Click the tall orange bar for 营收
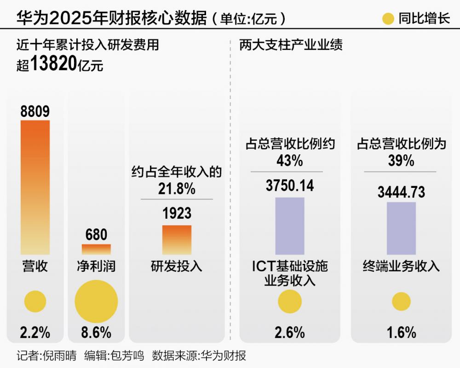coord(35,187)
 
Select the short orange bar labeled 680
coord(96,249)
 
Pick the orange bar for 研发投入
coord(177,239)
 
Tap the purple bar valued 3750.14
coord(290,226)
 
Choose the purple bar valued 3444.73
coord(401,228)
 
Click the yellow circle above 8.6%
coord(97,302)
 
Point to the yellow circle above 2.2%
coord(35,302)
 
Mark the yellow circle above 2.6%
coord(290,302)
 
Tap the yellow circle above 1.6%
coord(401,302)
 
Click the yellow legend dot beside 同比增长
coord(389,19)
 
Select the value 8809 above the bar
coord(35,111)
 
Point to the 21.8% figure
coord(177,189)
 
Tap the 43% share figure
coord(290,161)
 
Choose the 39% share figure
coord(401,161)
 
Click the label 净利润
coord(96,266)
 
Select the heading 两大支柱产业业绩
coord(291,45)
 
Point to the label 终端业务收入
coord(401,266)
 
